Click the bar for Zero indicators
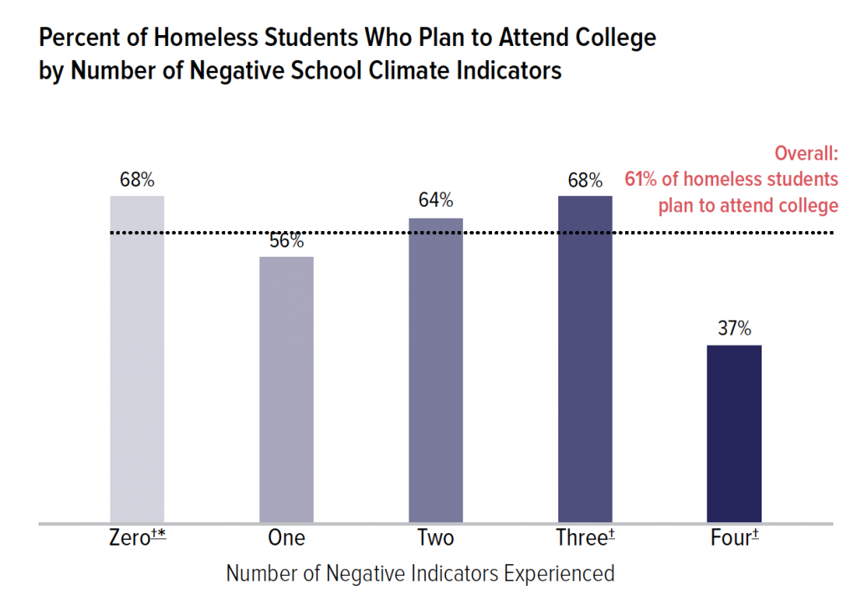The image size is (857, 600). [137, 359]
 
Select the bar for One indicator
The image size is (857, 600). [286, 389]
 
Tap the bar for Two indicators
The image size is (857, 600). [435, 370]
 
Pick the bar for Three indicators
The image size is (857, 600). [585, 359]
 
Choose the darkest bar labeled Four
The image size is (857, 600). [734, 433]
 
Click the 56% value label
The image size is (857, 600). [286, 241]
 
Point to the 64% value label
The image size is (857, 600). [435, 201]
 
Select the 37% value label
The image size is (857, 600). [734, 328]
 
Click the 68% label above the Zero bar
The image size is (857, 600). [137, 179]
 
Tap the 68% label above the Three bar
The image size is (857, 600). [585, 179]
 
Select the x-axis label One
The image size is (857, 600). [286, 537]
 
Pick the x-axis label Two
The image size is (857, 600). [435, 537]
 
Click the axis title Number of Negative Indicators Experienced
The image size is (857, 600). [421, 574]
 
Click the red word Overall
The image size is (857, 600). [806, 154]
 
